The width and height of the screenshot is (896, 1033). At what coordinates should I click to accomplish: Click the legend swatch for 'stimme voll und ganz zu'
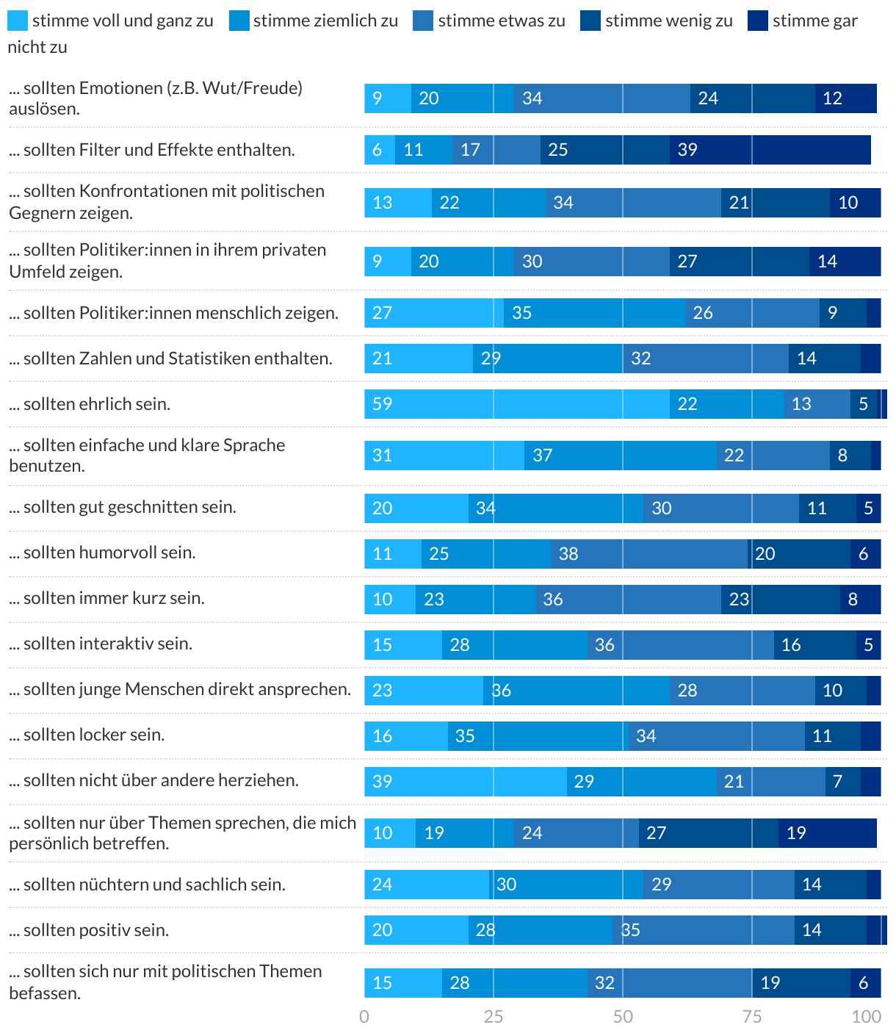(x=18, y=21)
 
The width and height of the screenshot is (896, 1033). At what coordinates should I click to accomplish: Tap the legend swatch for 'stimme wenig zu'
(x=590, y=21)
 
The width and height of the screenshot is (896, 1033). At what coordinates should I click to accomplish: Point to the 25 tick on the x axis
(x=494, y=1016)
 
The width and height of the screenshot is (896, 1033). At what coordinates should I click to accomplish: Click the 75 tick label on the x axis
(x=752, y=1016)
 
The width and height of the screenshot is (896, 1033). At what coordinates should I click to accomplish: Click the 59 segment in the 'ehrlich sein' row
(x=517, y=404)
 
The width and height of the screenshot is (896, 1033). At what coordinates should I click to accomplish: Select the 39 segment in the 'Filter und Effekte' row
(x=770, y=150)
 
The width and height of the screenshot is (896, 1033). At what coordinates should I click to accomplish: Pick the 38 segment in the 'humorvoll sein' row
(x=649, y=554)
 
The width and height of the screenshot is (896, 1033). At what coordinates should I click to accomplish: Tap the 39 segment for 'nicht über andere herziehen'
(x=466, y=782)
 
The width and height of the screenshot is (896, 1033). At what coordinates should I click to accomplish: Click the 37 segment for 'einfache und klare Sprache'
(x=620, y=456)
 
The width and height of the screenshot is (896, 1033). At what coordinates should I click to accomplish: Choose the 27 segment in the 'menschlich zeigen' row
(x=434, y=313)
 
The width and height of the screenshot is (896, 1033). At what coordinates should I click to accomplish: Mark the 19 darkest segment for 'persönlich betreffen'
(x=828, y=833)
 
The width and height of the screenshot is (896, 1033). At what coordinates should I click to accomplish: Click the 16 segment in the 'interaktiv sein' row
(x=815, y=645)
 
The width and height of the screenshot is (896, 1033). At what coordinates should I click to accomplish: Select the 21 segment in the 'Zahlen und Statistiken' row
(x=419, y=359)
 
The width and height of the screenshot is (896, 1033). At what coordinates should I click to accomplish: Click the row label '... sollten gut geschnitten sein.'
(x=123, y=507)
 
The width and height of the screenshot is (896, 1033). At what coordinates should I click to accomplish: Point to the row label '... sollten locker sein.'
(x=87, y=735)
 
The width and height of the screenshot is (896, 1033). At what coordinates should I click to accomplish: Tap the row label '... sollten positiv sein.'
(x=89, y=930)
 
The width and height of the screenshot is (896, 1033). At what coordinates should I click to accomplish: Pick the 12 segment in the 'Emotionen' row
(x=845, y=98)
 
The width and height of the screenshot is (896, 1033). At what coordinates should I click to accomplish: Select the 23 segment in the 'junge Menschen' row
(x=424, y=691)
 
